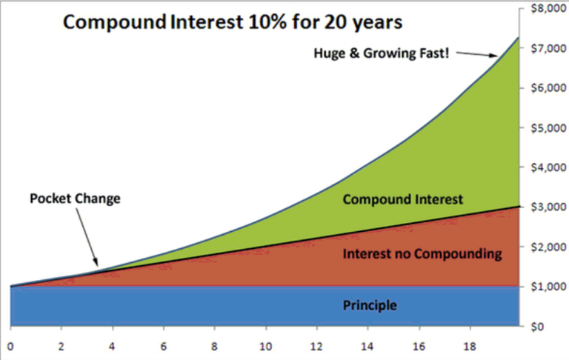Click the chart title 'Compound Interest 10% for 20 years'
[x=233, y=22]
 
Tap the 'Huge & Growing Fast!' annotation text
[x=382, y=53]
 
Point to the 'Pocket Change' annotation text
[x=75, y=199]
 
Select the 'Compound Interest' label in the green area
[x=403, y=199]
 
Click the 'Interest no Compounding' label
[x=422, y=253]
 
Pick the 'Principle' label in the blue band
[x=370, y=305]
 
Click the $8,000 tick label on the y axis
[x=548, y=8]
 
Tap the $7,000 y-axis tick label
[x=548, y=48]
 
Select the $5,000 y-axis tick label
[x=548, y=127]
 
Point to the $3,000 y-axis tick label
[x=548, y=207]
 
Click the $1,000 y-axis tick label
[x=548, y=287]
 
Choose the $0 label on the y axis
[x=538, y=327]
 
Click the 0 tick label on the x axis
[x=10, y=347]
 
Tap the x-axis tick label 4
[x=112, y=347]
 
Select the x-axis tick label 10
[x=266, y=347]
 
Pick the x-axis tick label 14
[x=367, y=347]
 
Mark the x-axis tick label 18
[x=470, y=347]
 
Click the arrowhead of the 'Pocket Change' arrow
[x=96, y=262]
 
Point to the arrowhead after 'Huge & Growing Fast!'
[x=493, y=56]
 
